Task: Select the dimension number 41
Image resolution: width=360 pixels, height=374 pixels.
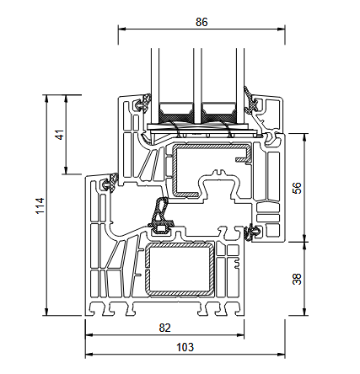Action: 57,136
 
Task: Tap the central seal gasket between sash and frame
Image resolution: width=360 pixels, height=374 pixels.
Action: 159,216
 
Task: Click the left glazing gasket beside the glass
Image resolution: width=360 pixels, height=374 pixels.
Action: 141,105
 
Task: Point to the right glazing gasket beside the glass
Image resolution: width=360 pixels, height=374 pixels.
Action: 254,103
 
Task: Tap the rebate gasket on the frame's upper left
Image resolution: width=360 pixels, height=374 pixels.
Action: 107,183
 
